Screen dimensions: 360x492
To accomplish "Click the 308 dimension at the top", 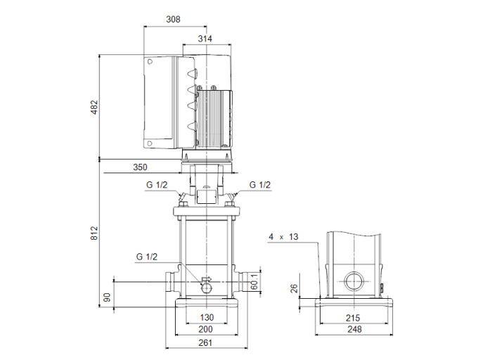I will click(173, 19).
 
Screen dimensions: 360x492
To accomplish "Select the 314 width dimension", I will click(205, 39).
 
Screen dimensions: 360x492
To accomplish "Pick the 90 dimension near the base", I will click(108, 297).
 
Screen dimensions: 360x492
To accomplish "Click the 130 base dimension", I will click(206, 318).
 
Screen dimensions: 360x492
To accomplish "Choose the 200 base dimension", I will click(206, 330).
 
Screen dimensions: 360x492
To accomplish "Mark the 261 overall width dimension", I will click(206, 342).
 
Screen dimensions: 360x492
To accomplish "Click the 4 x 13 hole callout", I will click(283, 237).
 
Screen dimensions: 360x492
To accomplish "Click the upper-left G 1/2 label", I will click(157, 185).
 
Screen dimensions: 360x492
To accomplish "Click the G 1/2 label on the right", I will click(260, 185).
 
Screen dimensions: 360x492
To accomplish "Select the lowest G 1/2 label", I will click(146, 257).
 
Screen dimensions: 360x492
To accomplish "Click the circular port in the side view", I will click(354, 283).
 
